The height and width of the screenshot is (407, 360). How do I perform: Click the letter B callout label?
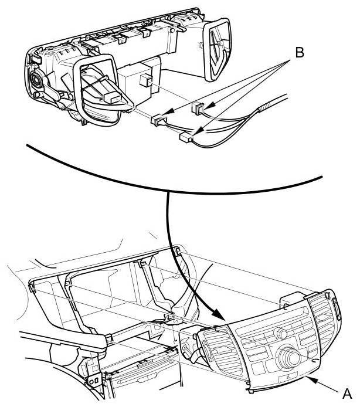point(299,53)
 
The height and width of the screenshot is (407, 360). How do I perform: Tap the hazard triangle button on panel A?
point(289,381)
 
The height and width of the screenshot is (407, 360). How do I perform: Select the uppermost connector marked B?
point(198,108)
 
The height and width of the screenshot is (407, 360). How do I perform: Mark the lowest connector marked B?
point(186,138)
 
